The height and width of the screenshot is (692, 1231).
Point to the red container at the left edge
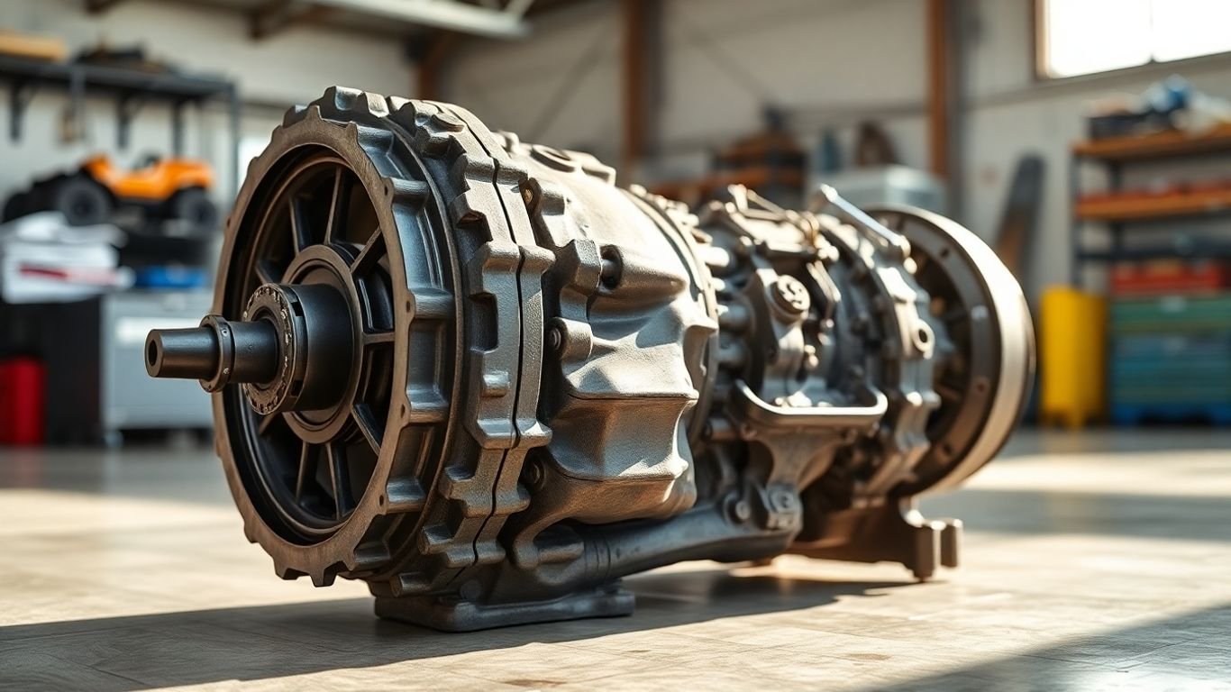click(20, 400)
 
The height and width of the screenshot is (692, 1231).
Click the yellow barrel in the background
click(1071, 355)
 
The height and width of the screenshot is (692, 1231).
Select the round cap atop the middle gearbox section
click(790, 295)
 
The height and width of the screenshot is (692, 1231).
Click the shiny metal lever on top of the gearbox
click(857, 217)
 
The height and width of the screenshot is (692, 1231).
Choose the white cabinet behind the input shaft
click(158, 360)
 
